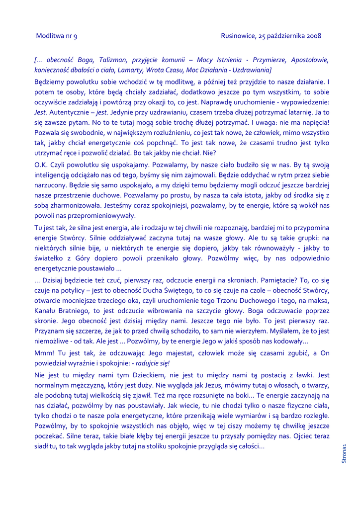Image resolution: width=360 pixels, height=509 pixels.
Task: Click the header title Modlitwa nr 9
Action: coord(57,36)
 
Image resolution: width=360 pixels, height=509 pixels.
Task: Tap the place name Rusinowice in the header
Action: coord(238,36)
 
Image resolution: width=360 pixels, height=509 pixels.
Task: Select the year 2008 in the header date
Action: coord(313,36)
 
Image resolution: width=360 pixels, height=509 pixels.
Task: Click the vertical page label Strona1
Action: coord(344,454)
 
